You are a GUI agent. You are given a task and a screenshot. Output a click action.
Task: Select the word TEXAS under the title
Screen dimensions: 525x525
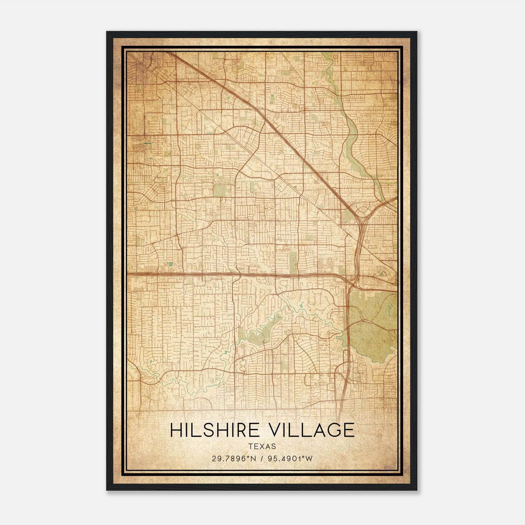point(262,447)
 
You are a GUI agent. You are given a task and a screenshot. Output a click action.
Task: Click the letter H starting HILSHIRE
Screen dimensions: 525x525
point(176,430)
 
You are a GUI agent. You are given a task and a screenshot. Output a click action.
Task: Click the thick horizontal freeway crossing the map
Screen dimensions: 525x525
point(197,273)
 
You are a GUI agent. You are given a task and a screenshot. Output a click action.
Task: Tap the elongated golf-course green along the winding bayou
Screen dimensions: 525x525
point(259,331)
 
